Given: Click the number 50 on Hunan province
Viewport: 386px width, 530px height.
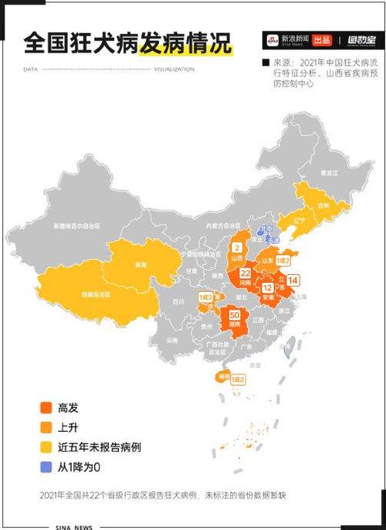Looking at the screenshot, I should point(234,315).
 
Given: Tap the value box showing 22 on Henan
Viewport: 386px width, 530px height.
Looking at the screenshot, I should point(245,273).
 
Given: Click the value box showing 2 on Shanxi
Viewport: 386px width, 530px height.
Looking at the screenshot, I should point(237,248).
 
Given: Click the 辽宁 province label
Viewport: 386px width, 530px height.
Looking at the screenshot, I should point(300,219).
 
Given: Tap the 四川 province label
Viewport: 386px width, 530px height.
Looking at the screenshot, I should point(178,301).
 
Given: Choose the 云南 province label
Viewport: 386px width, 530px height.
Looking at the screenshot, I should point(171,340).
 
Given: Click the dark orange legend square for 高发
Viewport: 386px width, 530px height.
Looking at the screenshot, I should point(46,407).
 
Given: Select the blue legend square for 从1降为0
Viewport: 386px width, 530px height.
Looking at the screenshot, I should point(46,467).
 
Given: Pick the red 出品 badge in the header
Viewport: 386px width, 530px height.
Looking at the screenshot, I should point(322,39).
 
